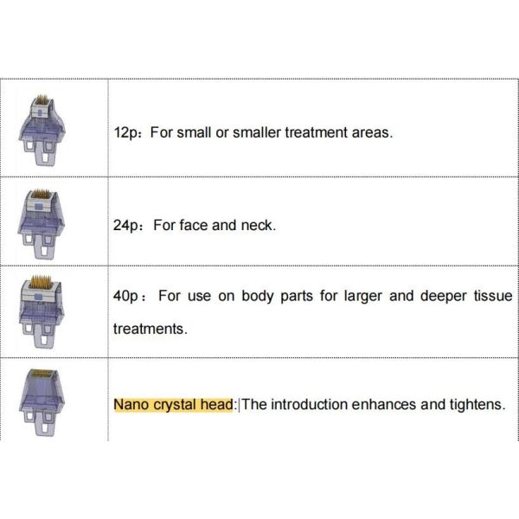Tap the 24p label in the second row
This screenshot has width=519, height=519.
[x=125, y=225]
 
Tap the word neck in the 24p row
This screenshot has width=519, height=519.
[x=256, y=225]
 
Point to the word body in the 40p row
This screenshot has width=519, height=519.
[x=272, y=296]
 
